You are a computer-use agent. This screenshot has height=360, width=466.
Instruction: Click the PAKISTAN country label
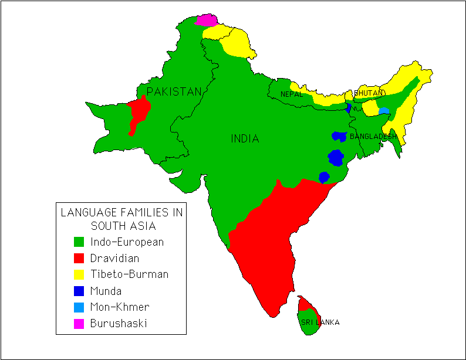(x=174, y=91)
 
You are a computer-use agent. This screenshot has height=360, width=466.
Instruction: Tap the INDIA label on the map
(x=245, y=139)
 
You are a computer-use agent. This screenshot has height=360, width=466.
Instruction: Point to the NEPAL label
(x=291, y=94)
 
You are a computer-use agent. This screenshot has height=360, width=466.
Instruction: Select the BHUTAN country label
(x=369, y=93)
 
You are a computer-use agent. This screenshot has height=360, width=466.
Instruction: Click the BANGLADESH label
(x=373, y=137)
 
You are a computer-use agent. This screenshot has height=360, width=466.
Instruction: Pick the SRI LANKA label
(x=320, y=322)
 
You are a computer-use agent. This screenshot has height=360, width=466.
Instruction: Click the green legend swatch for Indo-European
(x=79, y=242)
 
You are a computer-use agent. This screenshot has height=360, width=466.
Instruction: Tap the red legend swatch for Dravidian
(x=79, y=258)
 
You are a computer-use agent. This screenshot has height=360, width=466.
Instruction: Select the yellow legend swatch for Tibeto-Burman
(x=79, y=274)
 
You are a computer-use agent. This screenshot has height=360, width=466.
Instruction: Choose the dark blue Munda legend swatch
(x=79, y=291)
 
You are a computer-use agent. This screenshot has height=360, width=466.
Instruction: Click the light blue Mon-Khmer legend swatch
(x=79, y=307)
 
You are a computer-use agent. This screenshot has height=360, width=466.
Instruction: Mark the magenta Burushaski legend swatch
(x=79, y=324)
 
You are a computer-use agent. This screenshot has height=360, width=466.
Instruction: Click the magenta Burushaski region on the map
(x=206, y=20)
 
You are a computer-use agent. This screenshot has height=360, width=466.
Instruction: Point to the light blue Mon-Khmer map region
(x=384, y=110)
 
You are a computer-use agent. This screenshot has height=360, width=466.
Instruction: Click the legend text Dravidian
(x=114, y=258)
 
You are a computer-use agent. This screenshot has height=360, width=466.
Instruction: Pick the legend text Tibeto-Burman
(x=129, y=274)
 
